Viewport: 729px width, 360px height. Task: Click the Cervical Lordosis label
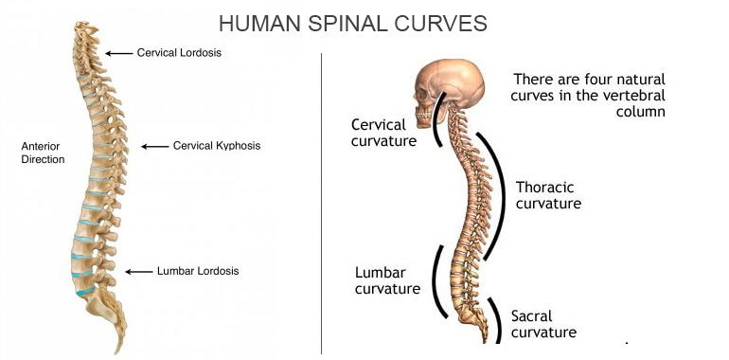pos(179,53)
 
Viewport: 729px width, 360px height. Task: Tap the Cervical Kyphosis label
pos(216,146)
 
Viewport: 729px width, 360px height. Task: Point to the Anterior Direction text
pos(43,153)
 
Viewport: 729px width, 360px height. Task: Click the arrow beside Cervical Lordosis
pos(118,53)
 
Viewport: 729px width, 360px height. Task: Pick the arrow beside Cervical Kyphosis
pos(154,146)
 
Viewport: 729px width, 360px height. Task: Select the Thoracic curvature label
pos(548,195)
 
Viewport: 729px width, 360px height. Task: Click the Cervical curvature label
pos(383,133)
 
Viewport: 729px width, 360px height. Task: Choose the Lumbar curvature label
pos(387,280)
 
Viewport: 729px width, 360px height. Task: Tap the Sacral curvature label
pos(543,324)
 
